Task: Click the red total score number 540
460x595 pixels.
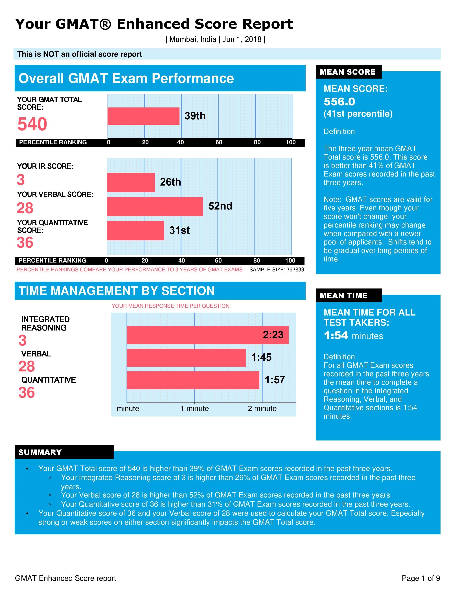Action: [x=32, y=124]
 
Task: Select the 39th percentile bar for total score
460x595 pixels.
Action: [x=143, y=116]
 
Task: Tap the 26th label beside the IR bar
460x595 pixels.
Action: [x=170, y=182]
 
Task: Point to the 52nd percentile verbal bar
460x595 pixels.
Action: [x=155, y=206]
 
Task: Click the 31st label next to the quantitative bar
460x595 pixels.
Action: [x=179, y=230]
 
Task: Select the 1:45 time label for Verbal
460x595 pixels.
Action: [x=261, y=357]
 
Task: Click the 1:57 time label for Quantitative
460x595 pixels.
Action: [x=275, y=380]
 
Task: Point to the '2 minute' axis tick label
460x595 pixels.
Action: [x=262, y=409]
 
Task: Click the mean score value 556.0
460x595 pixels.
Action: [x=339, y=102]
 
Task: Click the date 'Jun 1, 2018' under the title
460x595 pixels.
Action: [x=242, y=39]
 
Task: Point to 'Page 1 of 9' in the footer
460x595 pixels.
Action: [x=420, y=578]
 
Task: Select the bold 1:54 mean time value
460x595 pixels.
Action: [x=336, y=335]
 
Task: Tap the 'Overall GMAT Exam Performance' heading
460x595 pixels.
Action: [x=126, y=78]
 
